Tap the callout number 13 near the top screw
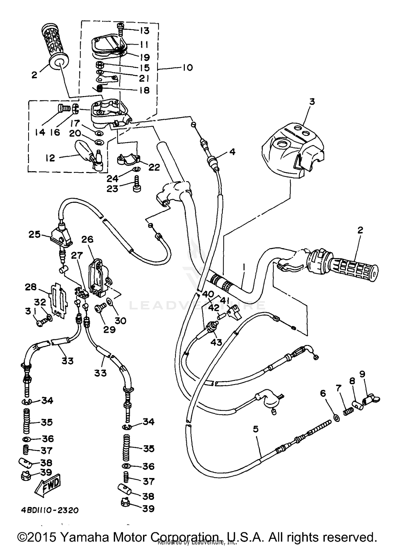click(x=145, y=31)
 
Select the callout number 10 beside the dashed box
click(x=187, y=68)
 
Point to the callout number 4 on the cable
click(x=232, y=152)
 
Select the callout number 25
click(x=34, y=234)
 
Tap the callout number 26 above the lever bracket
click(x=87, y=239)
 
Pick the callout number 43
click(x=216, y=342)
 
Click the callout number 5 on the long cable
click(x=255, y=429)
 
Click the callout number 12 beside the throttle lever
click(x=50, y=158)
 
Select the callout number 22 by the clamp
click(x=154, y=167)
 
